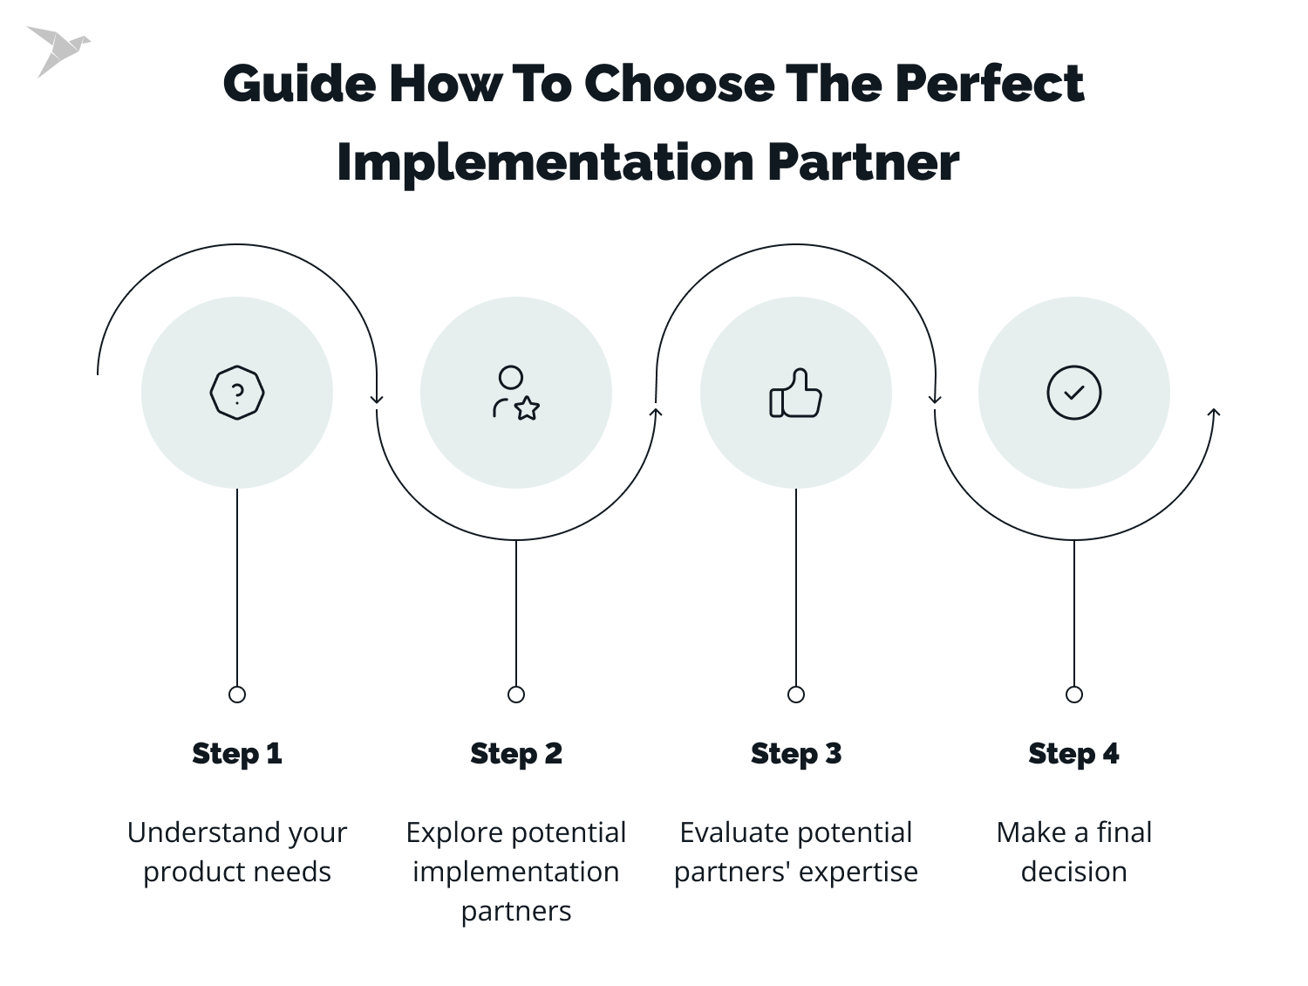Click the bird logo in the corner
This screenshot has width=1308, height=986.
(58, 50)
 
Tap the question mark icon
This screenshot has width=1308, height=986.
(237, 394)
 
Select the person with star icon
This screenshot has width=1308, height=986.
(515, 394)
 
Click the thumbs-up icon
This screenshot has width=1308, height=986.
(795, 394)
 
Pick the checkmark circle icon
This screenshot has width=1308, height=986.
(1073, 393)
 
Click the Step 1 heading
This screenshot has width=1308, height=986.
(237, 753)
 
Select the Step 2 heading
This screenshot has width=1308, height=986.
(516, 753)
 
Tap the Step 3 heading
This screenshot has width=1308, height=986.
(796, 753)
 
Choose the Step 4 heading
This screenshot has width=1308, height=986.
(1073, 753)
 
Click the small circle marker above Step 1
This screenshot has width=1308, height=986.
(237, 695)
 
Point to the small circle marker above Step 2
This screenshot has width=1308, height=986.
(516, 695)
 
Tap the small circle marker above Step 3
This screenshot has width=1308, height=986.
(796, 695)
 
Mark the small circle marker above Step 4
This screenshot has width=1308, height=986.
(1074, 695)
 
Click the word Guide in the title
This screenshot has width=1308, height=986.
(299, 85)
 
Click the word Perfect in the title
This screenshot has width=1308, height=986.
(989, 85)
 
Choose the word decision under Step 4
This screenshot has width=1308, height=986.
(1073, 872)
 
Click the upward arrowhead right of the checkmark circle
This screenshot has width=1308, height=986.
(1214, 412)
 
